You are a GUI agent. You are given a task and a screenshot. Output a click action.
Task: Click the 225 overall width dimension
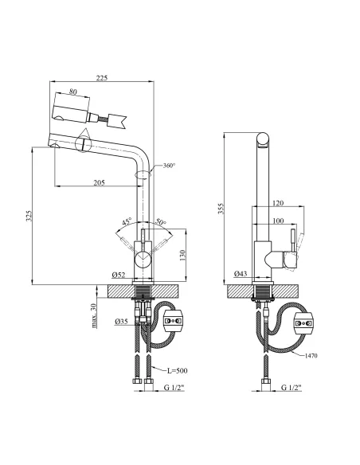102,78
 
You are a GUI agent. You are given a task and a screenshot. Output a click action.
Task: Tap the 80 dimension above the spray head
73,92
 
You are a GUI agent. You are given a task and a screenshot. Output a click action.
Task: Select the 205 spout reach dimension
99,182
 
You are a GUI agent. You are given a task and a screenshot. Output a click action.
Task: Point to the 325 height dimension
29,216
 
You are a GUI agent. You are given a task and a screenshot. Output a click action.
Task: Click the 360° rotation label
170,166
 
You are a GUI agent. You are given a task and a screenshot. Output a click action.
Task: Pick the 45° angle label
127,221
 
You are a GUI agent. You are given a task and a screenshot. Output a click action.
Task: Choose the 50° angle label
161,221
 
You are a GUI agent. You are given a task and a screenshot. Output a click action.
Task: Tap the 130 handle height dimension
182,256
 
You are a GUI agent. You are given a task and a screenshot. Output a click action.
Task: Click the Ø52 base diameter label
119,275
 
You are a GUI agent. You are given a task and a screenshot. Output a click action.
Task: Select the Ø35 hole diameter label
121,321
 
